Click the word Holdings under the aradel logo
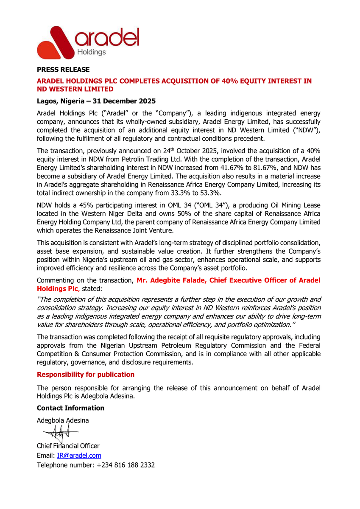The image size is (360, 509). click(x=91, y=52)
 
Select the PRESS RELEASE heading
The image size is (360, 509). click(x=63, y=70)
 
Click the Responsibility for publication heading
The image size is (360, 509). click(x=86, y=375)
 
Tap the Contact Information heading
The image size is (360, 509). click(x=70, y=408)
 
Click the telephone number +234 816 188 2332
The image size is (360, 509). click(x=126, y=465)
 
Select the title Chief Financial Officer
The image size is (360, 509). click(x=68, y=446)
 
